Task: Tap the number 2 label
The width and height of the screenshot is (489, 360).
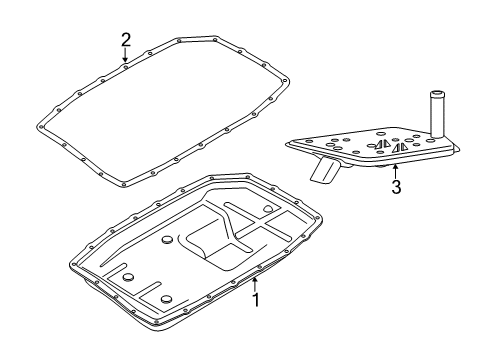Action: click(126, 40)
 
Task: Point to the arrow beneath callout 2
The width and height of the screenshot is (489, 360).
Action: click(126, 57)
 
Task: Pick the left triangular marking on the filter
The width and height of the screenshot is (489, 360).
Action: click(382, 145)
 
